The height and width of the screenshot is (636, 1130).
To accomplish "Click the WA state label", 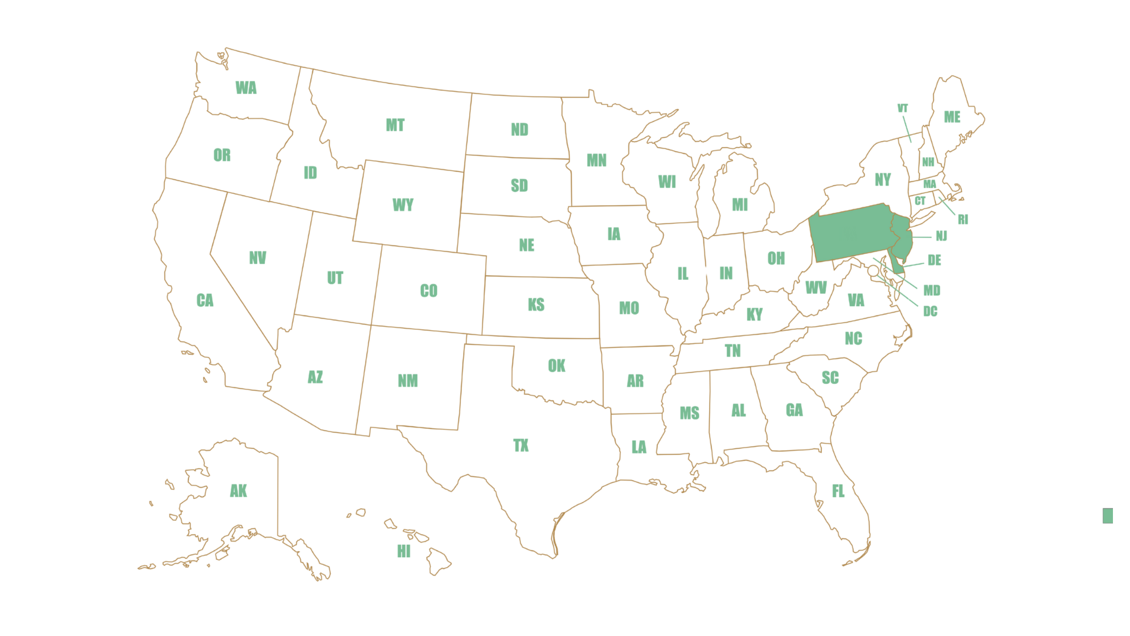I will click(246, 88).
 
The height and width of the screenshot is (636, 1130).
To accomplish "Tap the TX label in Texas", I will click(521, 445).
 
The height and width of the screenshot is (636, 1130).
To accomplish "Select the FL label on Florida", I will click(839, 491).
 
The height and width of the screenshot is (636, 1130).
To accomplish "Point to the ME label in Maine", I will click(952, 117).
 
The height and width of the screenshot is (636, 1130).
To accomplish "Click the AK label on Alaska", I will click(238, 491).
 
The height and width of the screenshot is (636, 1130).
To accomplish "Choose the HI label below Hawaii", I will click(404, 552).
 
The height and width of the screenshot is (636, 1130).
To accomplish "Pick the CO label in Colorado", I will click(428, 291).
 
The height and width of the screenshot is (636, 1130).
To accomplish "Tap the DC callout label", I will click(930, 311).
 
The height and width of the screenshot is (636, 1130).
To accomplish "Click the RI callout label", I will click(963, 220).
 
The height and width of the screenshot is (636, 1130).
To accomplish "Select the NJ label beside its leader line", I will click(942, 236).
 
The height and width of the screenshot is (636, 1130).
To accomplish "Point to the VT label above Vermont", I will click(903, 109).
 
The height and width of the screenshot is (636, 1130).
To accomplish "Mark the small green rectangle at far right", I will click(1108, 515).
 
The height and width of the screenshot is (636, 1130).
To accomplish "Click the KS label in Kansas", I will click(536, 305).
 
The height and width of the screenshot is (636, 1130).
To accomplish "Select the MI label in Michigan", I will click(740, 204).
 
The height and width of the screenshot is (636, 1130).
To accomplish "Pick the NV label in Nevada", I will click(258, 257).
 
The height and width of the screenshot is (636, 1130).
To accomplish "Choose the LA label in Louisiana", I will click(639, 447).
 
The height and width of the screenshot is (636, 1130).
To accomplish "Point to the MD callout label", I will click(932, 290).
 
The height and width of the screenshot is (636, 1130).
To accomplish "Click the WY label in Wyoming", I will click(403, 206).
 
